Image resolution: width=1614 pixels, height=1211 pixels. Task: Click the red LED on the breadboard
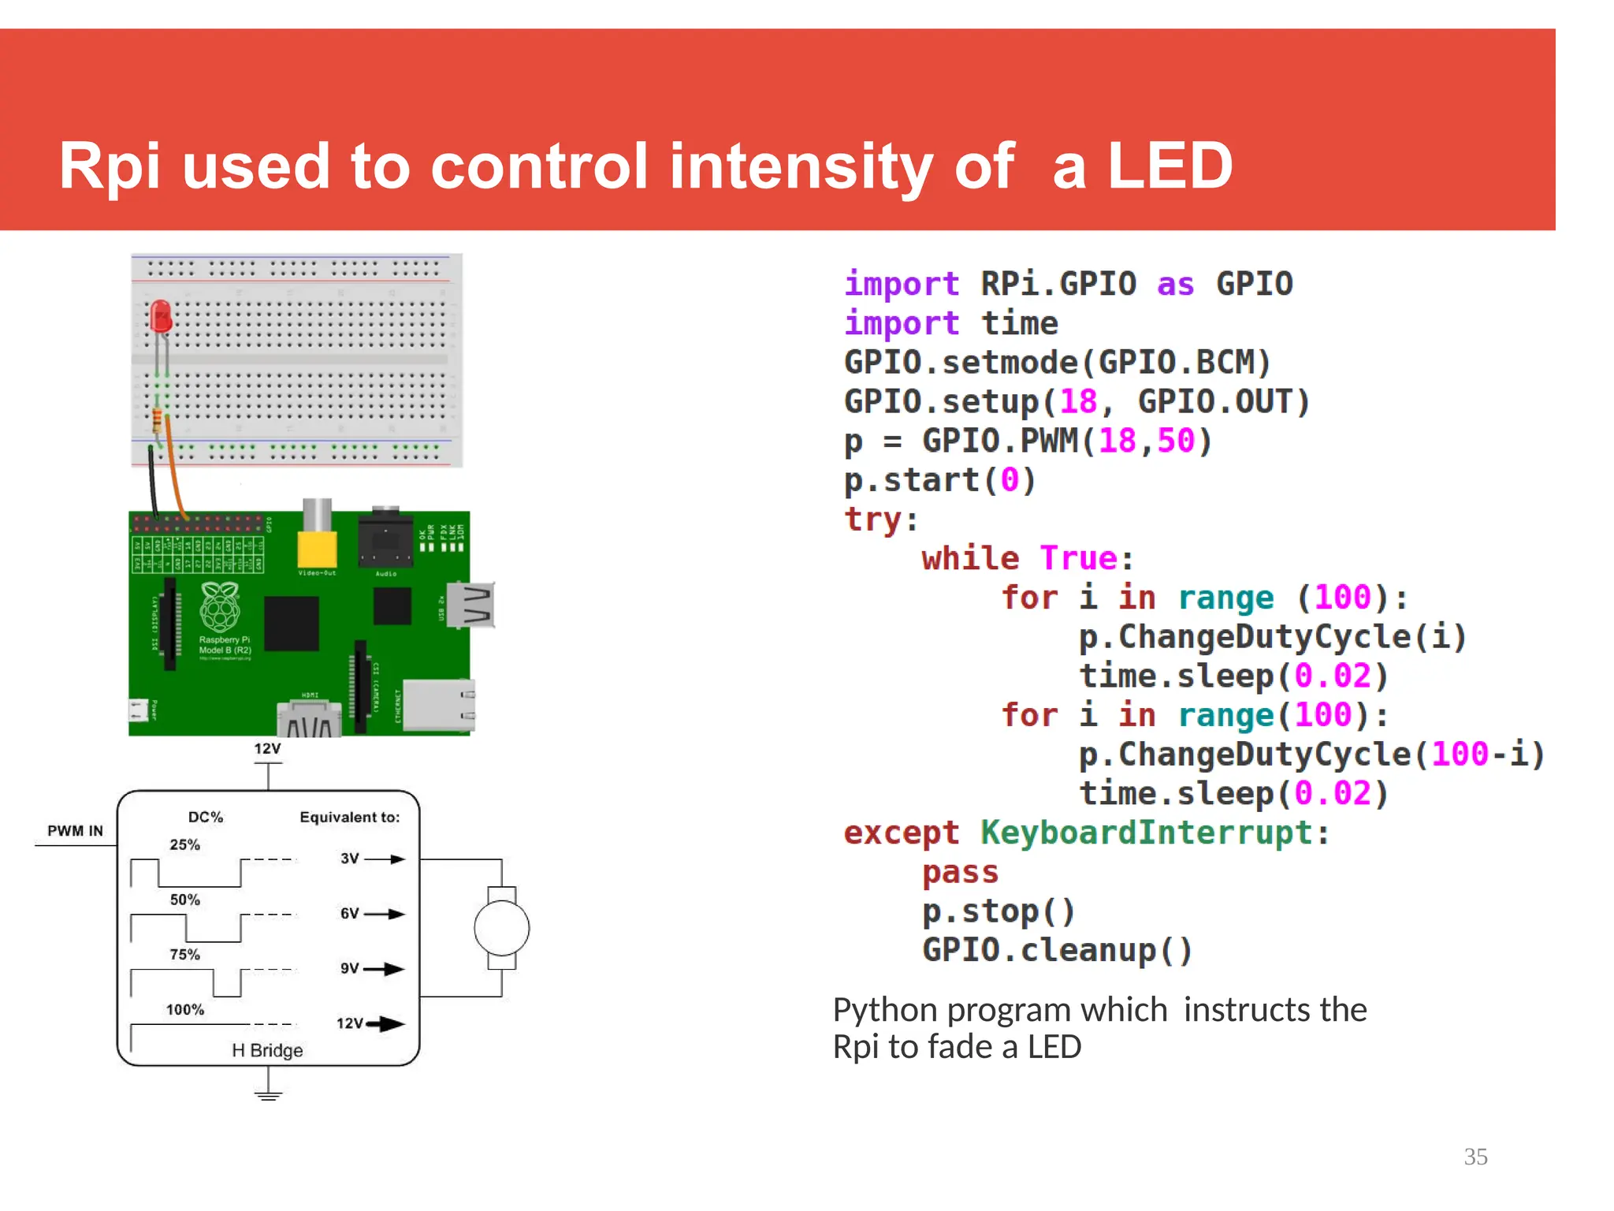coord(161,317)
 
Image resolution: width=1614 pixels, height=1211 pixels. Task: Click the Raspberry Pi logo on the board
coord(220,607)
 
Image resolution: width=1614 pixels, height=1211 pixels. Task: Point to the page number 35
coord(1475,1157)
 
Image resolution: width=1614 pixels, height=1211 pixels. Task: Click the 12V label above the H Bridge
coord(267,749)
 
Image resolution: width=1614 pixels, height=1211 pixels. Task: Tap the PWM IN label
coord(75,831)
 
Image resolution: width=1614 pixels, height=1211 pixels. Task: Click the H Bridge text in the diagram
coord(267,1050)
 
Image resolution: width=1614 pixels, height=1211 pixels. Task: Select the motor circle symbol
coord(501,928)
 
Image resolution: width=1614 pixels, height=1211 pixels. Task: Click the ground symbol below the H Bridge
coord(268,1094)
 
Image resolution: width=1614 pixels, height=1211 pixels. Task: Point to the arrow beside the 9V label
coord(385,969)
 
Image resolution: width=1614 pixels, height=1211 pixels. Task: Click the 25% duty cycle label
coord(184,844)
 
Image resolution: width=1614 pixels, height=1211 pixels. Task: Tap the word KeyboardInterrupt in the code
coord(1147,833)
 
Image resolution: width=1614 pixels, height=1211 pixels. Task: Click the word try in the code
coord(872,520)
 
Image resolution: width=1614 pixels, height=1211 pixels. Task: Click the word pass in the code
coord(960,872)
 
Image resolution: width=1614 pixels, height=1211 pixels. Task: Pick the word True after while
coord(1078,558)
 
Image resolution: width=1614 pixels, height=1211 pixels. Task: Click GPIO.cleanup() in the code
coord(1057,950)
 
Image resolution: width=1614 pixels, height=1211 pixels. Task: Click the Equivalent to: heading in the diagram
coord(349,818)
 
